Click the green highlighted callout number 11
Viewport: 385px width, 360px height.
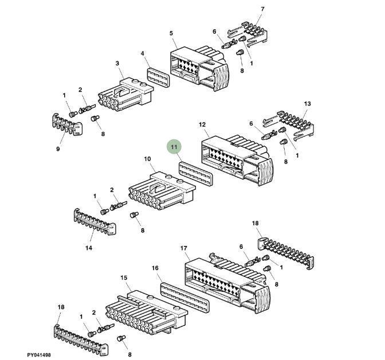tap(174, 147)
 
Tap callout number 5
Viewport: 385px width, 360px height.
tap(171, 33)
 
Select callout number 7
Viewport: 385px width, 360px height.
tap(262, 9)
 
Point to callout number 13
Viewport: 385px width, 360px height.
tap(307, 104)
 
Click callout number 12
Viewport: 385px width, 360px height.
tap(202, 124)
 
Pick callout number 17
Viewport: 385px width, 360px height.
tap(184, 248)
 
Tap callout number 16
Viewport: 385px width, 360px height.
tap(155, 268)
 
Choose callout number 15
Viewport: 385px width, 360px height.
tap(124, 277)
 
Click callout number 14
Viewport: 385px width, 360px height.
tap(89, 248)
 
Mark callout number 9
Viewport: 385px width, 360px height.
tap(58, 150)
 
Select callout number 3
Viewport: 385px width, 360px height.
tap(117, 63)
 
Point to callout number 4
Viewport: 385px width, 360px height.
tap(143, 54)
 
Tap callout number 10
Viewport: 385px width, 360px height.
tap(147, 159)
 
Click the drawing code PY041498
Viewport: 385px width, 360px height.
tap(43, 355)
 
